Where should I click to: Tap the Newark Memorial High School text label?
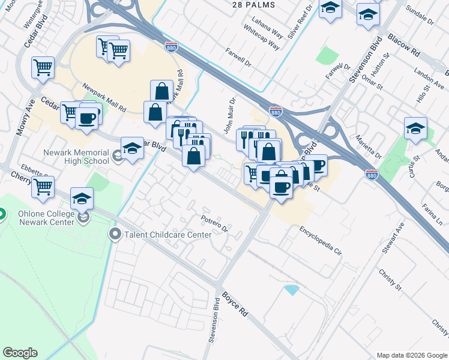[76, 157]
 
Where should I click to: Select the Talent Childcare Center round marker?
[115, 234]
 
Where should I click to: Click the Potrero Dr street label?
[215, 223]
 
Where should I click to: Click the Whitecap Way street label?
[262, 37]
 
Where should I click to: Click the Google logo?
[20, 353]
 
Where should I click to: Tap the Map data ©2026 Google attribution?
[412, 355]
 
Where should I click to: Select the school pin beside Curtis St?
[415, 128]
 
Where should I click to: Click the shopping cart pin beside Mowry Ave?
[43, 68]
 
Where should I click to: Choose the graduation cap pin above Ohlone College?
[82, 199]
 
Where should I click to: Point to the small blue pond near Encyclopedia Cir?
[292, 290]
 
